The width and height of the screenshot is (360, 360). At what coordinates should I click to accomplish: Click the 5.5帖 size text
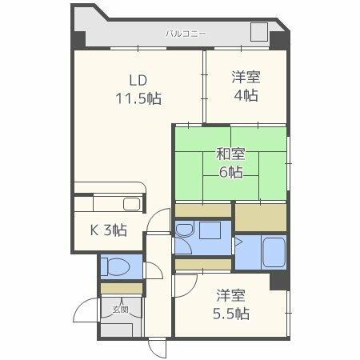(x=230, y=313)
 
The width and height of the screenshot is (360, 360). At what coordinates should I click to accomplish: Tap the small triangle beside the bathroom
(x=237, y=240)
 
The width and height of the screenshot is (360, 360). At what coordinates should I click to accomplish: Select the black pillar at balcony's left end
(x=78, y=38)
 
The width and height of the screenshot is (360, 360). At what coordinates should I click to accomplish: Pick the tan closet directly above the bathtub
(x=260, y=216)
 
